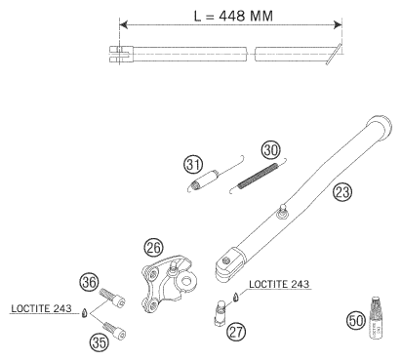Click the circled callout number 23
click(342, 192)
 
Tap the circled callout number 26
click(153, 248)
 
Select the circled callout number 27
click(236, 332)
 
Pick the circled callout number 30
click(270, 150)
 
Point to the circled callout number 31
click(193, 165)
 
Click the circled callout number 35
click(100, 342)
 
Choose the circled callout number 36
click(90, 282)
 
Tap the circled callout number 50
click(356, 321)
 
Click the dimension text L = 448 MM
click(233, 16)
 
